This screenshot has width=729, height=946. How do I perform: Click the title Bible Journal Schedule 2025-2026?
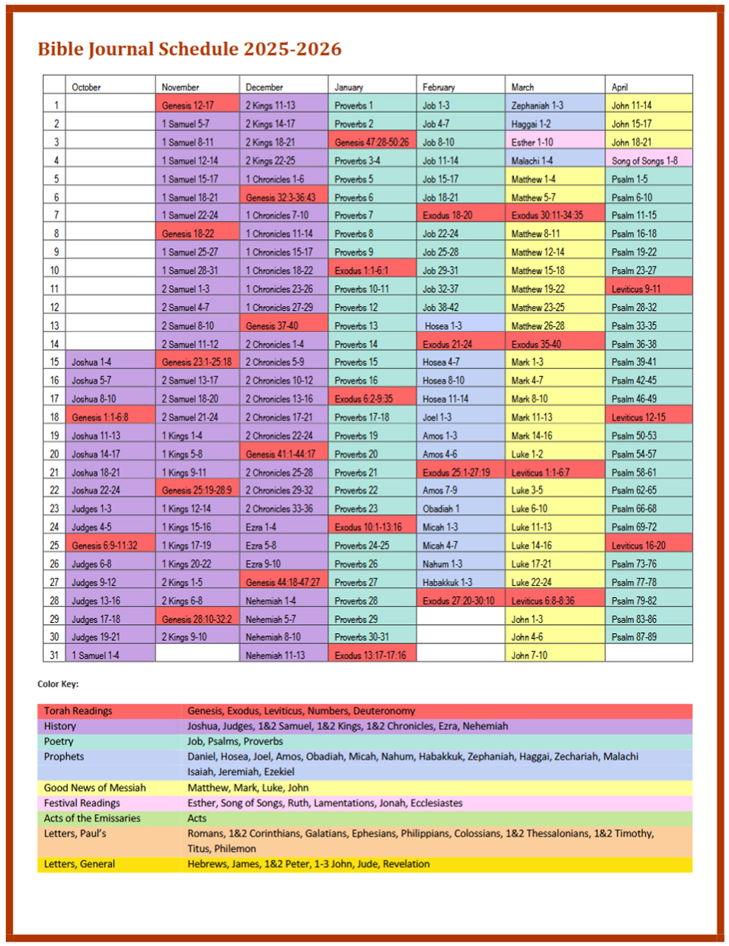coord(189,49)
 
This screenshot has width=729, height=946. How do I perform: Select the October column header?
coord(86,87)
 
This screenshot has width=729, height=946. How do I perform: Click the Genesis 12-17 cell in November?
coord(188,105)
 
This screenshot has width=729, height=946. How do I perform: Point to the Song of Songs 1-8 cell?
coord(644,160)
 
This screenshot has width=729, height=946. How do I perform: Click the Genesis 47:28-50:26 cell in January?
coord(371,142)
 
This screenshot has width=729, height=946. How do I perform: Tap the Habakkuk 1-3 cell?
coord(447,582)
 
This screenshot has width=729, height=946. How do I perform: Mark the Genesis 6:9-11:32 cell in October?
coord(105,546)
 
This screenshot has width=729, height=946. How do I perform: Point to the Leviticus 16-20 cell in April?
coord(638,546)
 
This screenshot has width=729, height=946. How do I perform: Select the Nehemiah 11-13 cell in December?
coord(275,655)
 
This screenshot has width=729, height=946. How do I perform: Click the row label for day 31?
coord(54,655)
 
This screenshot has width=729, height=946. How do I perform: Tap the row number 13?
coord(54,325)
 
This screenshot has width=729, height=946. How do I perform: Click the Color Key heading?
coord(58,684)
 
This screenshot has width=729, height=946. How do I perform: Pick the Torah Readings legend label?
coord(78,711)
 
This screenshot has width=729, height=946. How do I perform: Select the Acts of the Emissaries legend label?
coord(92,818)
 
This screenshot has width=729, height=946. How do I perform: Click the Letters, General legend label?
coord(79,864)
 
